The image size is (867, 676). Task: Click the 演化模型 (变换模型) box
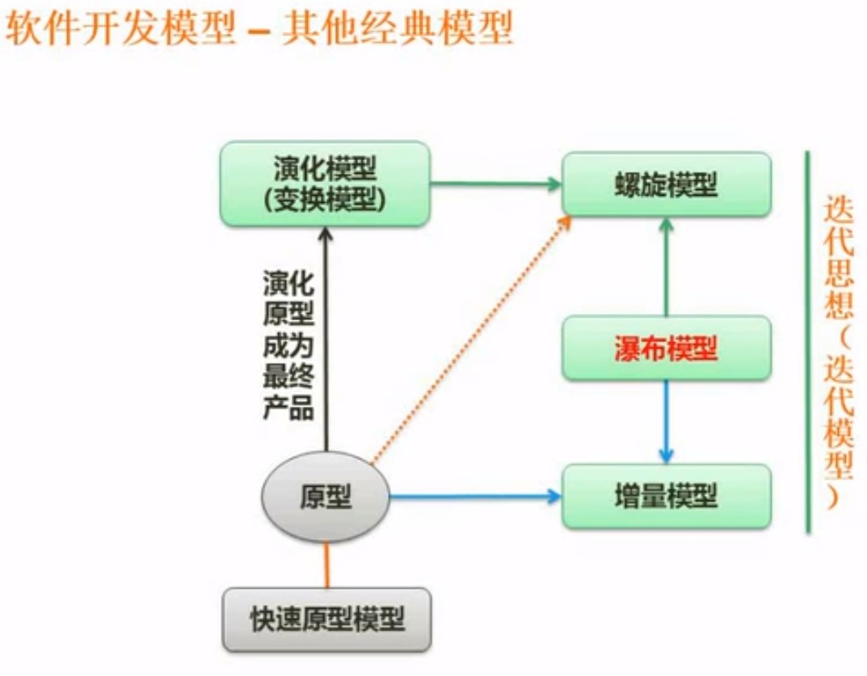pos(324,184)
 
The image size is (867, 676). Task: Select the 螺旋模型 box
pos(666,184)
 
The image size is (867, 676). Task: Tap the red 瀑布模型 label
pos(666,349)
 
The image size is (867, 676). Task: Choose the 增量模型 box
pos(666,496)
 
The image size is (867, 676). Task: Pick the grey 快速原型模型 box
pos(326,620)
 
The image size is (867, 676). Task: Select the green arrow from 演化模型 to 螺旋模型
pos(495,184)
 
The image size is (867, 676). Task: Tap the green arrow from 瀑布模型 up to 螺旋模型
pos(666,267)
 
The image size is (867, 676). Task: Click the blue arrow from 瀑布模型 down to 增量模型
pos(666,420)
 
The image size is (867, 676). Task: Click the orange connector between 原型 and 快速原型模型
pos(326,565)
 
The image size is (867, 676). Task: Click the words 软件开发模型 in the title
pos(121,30)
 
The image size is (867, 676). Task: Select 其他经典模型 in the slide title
pos(396,30)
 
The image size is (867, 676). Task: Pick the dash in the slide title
pos(258,32)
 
